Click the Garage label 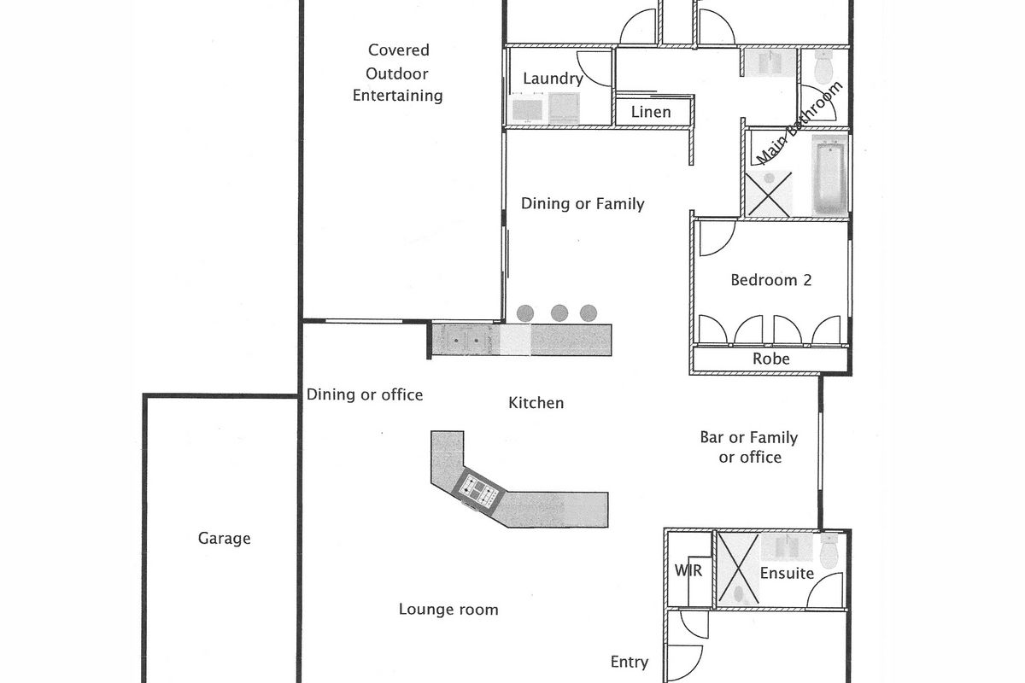click(224, 539)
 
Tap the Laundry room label click(553, 79)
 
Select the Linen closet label click(651, 112)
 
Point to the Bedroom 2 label click(771, 280)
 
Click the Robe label click(771, 359)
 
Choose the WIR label click(688, 570)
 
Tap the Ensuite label click(787, 573)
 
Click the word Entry click(630, 662)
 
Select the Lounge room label click(448, 610)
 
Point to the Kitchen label click(536, 403)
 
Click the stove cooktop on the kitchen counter click(478, 490)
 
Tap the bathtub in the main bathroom click(829, 175)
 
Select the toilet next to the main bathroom click(823, 67)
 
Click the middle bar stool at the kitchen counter click(559, 313)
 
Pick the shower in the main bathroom click(769, 194)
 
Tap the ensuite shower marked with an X click(738, 569)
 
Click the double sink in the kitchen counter click(466, 340)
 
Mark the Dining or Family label click(583, 203)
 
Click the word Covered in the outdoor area click(399, 50)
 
